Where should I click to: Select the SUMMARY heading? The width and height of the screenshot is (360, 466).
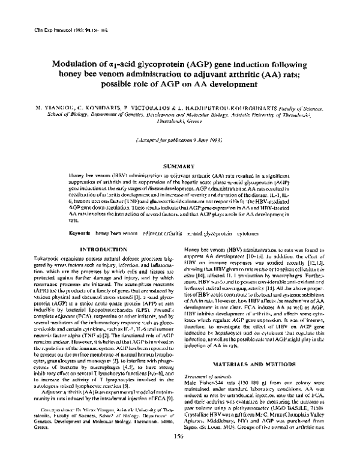tap(179, 165)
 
